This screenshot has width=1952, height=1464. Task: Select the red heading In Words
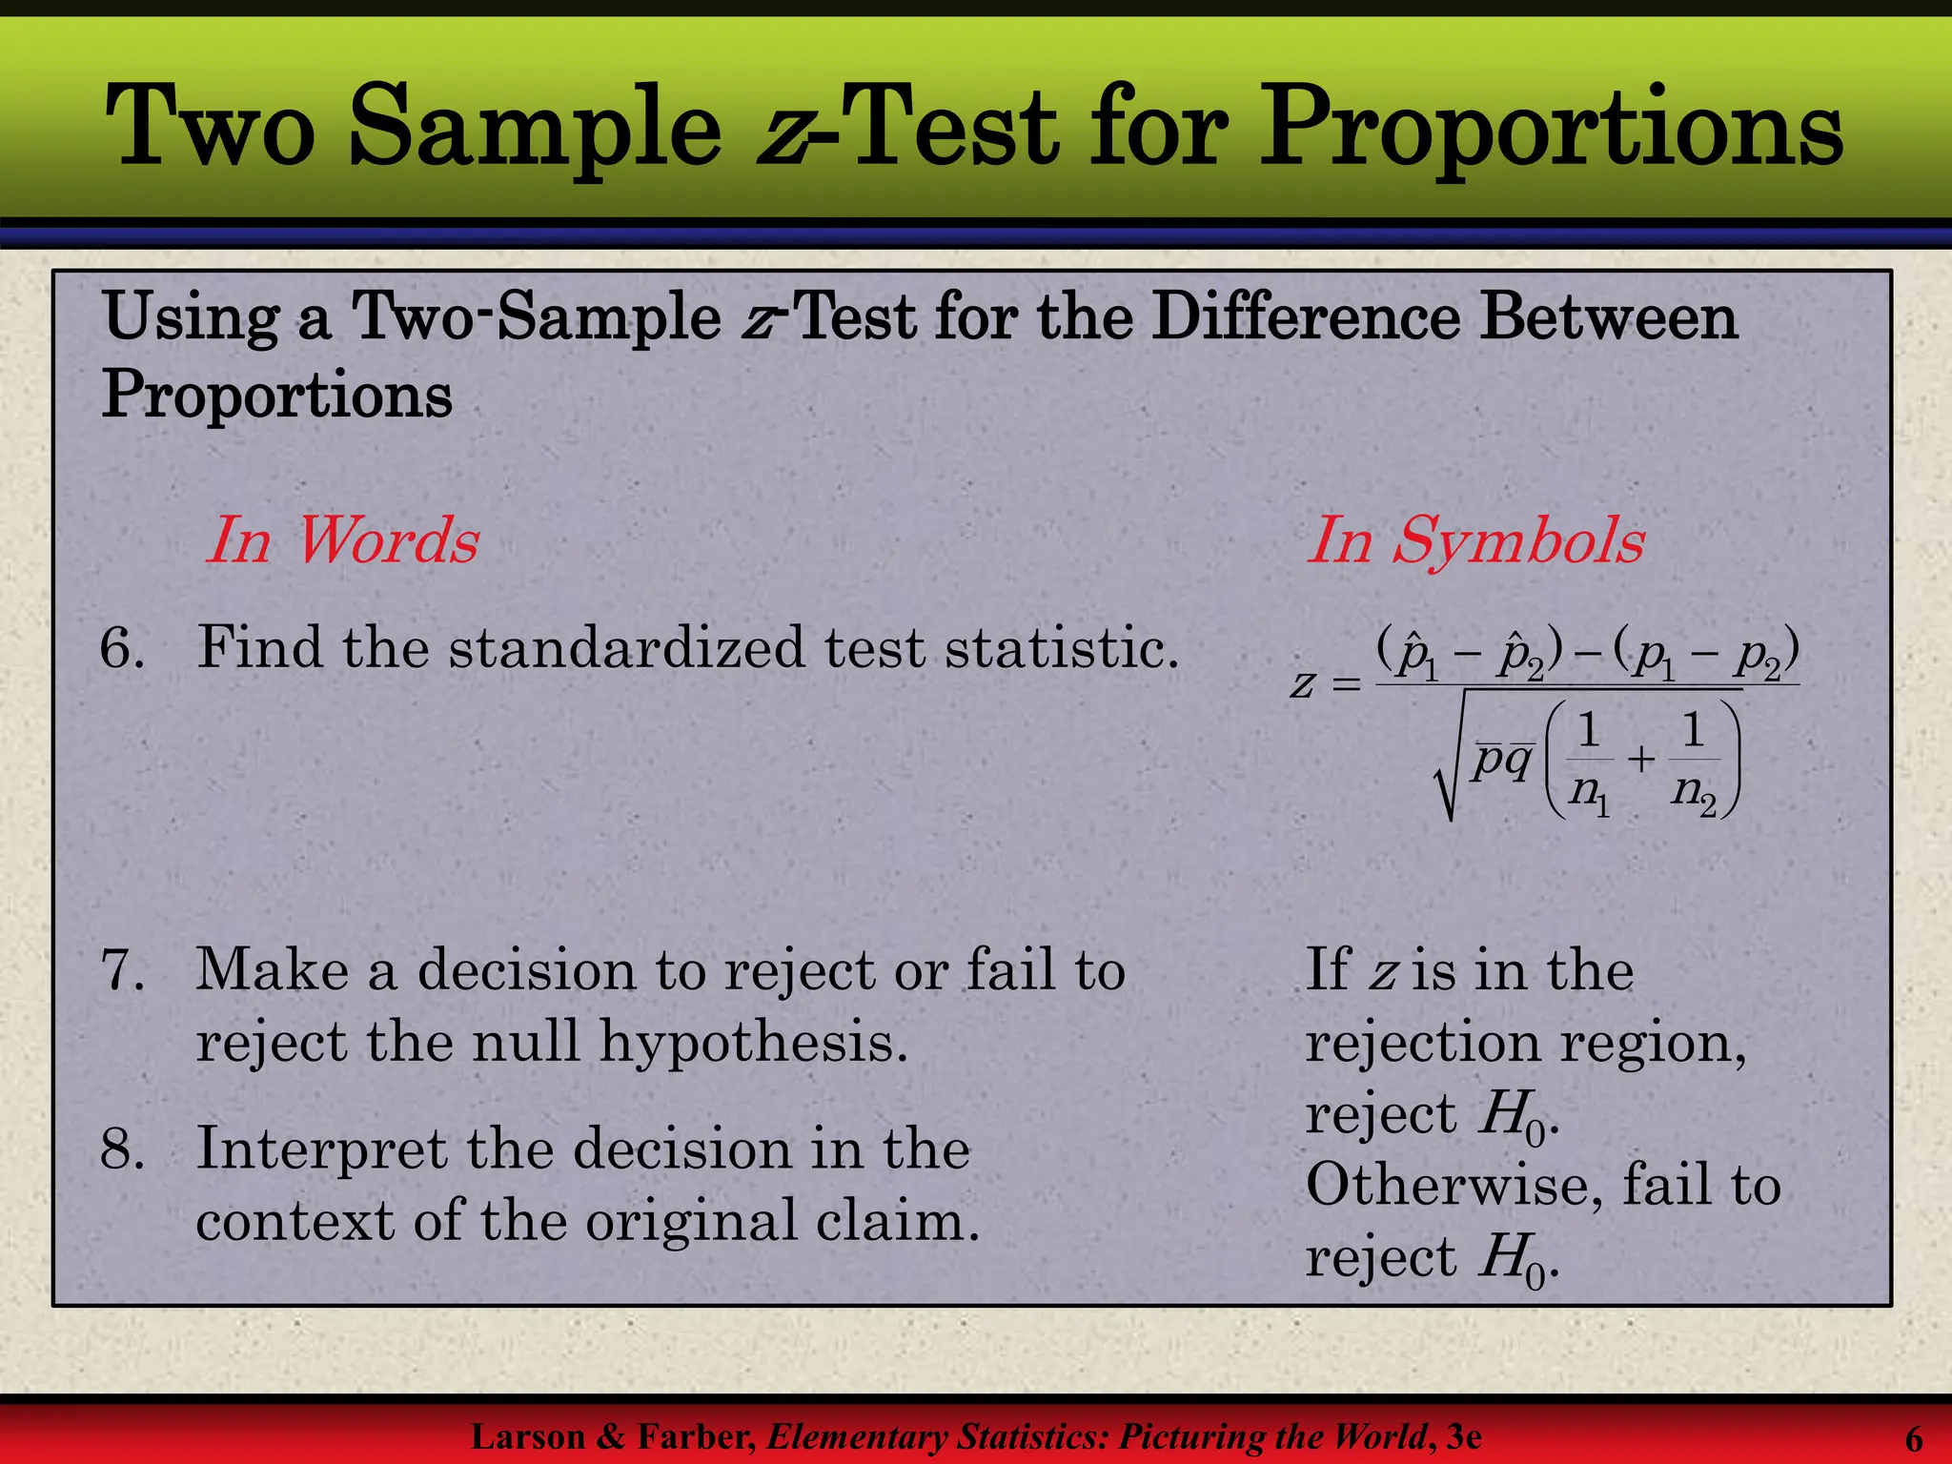coord(342,540)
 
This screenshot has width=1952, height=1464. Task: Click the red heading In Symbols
coord(1474,540)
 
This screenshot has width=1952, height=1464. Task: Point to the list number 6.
coord(122,648)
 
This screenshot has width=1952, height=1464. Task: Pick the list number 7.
coord(122,970)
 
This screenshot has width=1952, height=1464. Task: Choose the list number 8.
coord(122,1149)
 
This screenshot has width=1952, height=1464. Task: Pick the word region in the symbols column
coord(1654,1044)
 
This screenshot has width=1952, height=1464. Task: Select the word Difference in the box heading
coord(1305,317)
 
